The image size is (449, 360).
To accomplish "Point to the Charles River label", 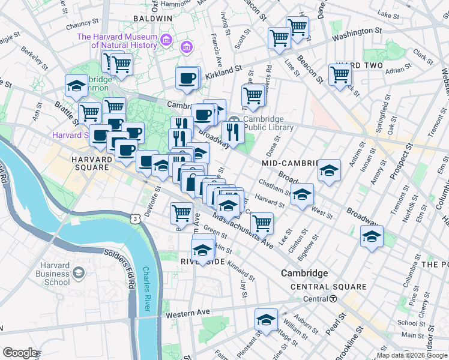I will [146, 290].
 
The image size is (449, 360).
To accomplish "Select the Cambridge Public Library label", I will [268, 123].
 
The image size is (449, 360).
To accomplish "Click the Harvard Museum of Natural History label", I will [116, 41].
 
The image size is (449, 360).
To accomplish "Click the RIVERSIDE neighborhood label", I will [203, 262].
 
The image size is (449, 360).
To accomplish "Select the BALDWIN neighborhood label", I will [152, 19].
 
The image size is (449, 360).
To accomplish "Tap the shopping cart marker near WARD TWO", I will [340, 75].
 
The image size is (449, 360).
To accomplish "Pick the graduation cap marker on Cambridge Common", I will [77, 86].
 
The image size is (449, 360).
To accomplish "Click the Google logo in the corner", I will [20, 352].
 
